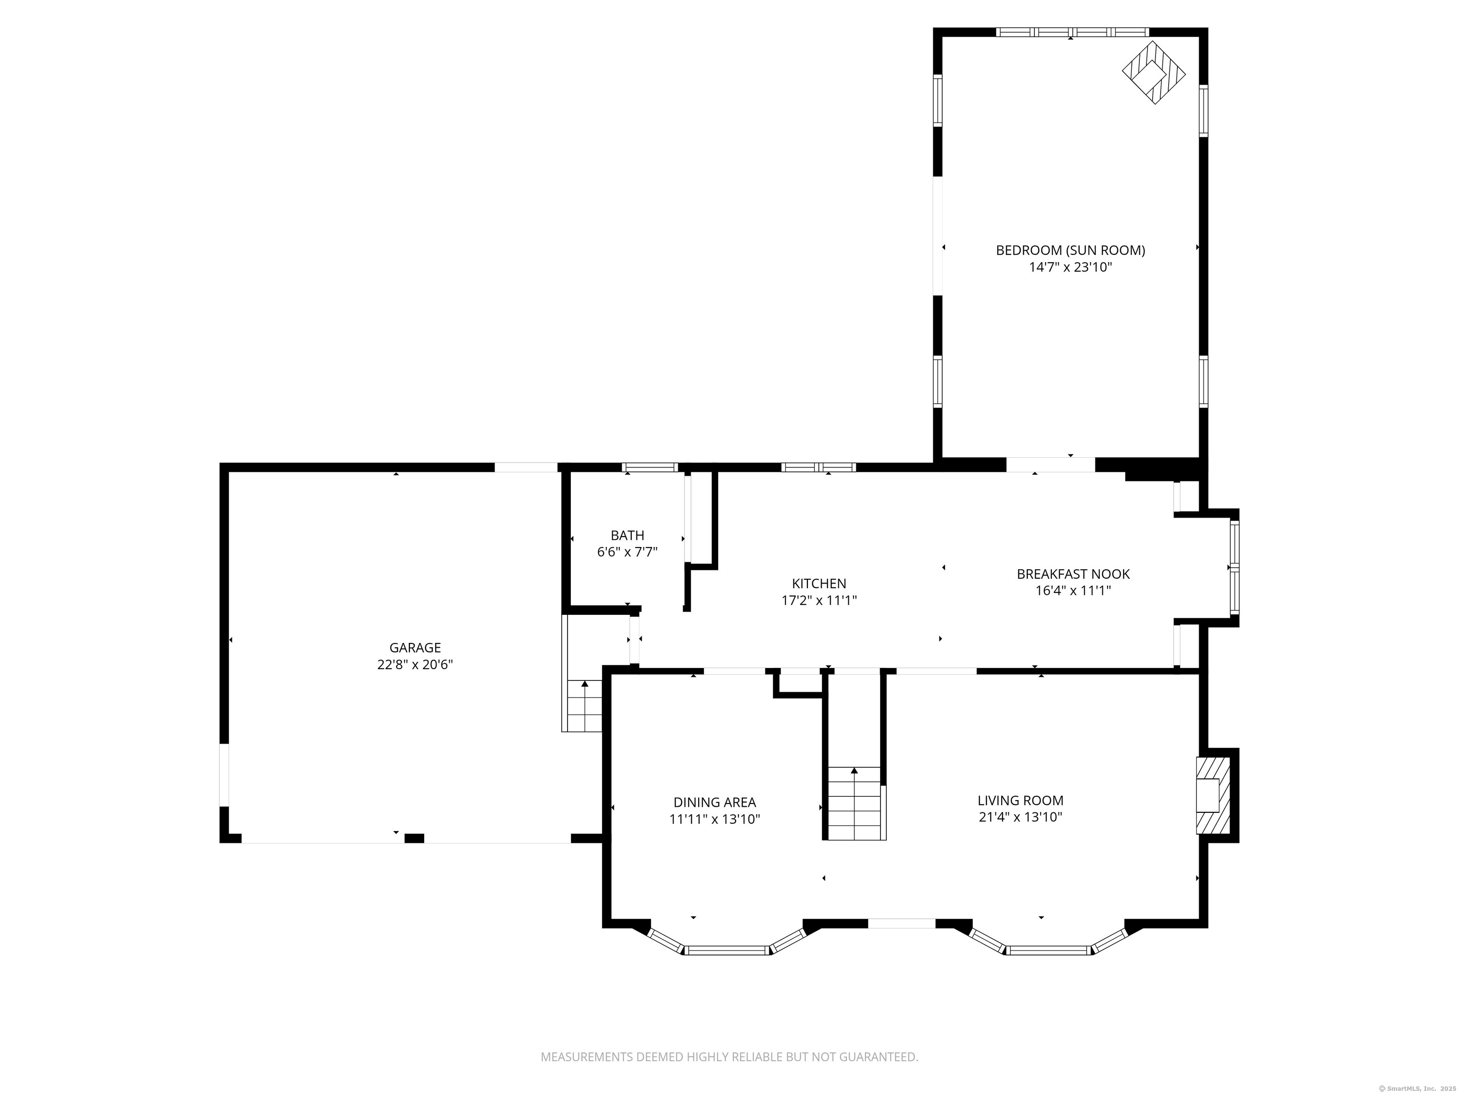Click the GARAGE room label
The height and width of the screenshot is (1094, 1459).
pyautogui.click(x=415, y=648)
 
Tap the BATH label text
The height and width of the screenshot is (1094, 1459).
pyautogui.click(x=627, y=536)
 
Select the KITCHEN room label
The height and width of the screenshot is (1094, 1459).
pyautogui.click(x=818, y=584)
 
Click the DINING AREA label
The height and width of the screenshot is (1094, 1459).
pyautogui.click(x=714, y=802)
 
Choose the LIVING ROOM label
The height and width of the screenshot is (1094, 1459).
pyautogui.click(x=1020, y=801)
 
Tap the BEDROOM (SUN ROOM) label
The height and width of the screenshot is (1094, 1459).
pyautogui.click(x=1071, y=251)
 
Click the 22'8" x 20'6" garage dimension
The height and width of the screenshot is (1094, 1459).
pyautogui.click(x=415, y=665)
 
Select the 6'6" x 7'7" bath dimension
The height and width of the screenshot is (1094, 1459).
pyautogui.click(x=627, y=552)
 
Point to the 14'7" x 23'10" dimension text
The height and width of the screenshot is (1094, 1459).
pyautogui.click(x=1071, y=267)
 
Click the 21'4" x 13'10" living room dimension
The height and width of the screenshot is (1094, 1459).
pyautogui.click(x=1020, y=818)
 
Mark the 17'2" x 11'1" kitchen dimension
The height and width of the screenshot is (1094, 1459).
pyautogui.click(x=818, y=600)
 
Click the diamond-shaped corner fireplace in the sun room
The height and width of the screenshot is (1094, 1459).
pyautogui.click(x=1154, y=73)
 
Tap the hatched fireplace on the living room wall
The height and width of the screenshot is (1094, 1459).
pyautogui.click(x=1213, y=795)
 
